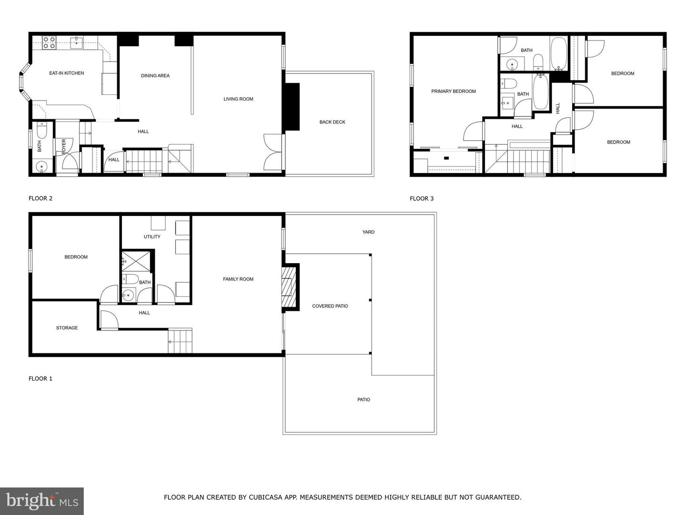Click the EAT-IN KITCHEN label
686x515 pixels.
pyautogui.click(x=67, y=73)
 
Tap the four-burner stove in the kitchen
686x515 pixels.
pyautogui.click(x=50, y=43)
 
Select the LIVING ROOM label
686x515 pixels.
pyautogui.click(x=238, y=99)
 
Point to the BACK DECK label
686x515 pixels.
pyautogui.click(x=332, y=122)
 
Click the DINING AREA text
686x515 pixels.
pyautogui.click(x=155, y=76)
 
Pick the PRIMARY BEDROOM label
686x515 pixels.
pyautogui.click(x=454, y=91)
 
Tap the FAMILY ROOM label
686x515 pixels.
pyautogui.click(x=238, y=279)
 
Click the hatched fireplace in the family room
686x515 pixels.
pyautogui.click(x=289, y=288)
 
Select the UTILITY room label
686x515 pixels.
pyautogui.click(x=152, y=237)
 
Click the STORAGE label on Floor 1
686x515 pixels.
pyautogui.click(x=67, y=328)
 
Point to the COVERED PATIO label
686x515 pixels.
pyautogui.click(x=330, y=306)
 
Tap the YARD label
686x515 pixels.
pyautogui.click(x=368, y=232)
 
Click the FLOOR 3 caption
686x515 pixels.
pyautogui.click(x=422, y=198)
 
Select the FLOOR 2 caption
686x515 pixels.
pyautogui.click(x=40, y=198)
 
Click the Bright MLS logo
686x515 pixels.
pyautogui.click(x=42, y=501)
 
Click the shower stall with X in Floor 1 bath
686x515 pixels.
pyautogui.click(x=136, y=261)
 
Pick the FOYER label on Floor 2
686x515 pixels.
pyautogui.click(x=64, y=146)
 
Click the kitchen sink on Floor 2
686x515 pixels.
pyautogui.click(x=76, y=42)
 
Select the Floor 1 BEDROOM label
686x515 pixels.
pyautogui.click(x=76, y=257)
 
